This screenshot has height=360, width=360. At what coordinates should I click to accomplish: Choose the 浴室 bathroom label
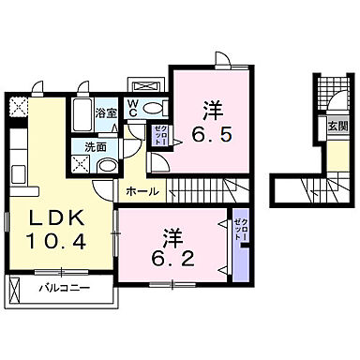(x=107, y=112)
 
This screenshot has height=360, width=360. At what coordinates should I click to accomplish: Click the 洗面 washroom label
(x=95, y=147)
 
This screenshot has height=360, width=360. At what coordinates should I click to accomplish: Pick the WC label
(x=133, y=111)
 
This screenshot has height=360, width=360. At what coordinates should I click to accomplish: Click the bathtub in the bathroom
(x=82, y=118)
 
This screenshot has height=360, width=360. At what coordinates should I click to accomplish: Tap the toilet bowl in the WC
(x=155, y=109)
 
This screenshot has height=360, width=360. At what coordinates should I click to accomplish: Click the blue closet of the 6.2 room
(x=242, y=244)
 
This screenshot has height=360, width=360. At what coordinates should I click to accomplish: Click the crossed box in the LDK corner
(x=18, y=106)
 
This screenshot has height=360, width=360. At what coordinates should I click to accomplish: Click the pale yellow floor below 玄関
(x=335, y=156)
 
